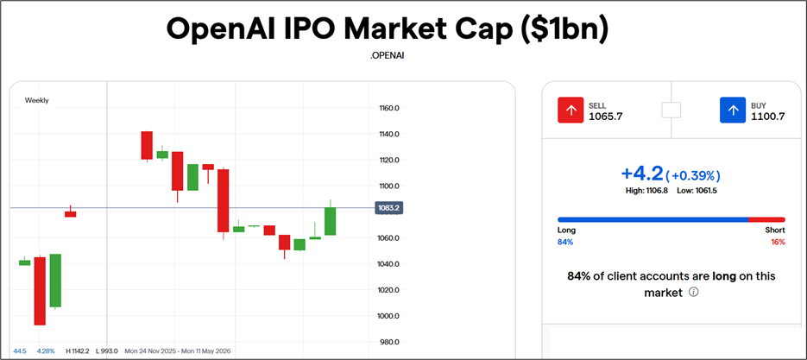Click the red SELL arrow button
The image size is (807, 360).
(x=571, y=111)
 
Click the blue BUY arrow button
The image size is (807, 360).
(x=733, y=111)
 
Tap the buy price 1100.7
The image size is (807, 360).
(x=766, y=117)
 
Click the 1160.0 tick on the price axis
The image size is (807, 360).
(x=388, y=108)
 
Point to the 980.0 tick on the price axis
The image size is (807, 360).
(x=388, y=342)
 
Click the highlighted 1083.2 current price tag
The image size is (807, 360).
(x=390, y=208)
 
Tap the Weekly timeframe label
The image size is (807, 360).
(x=37, y=100)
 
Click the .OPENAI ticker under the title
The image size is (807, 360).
(x=387, y=55)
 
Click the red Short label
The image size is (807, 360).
(x=774, y=231)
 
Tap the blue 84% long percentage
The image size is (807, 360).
(x=565, y=243)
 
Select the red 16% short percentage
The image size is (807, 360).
(x=778, y=243)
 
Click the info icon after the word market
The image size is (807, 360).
(x=694, y=293)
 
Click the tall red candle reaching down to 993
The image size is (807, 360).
(x=40, y=290)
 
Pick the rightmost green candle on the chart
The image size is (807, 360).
(x=330, y=221)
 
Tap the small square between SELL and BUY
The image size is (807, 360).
(x=671, y=111)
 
